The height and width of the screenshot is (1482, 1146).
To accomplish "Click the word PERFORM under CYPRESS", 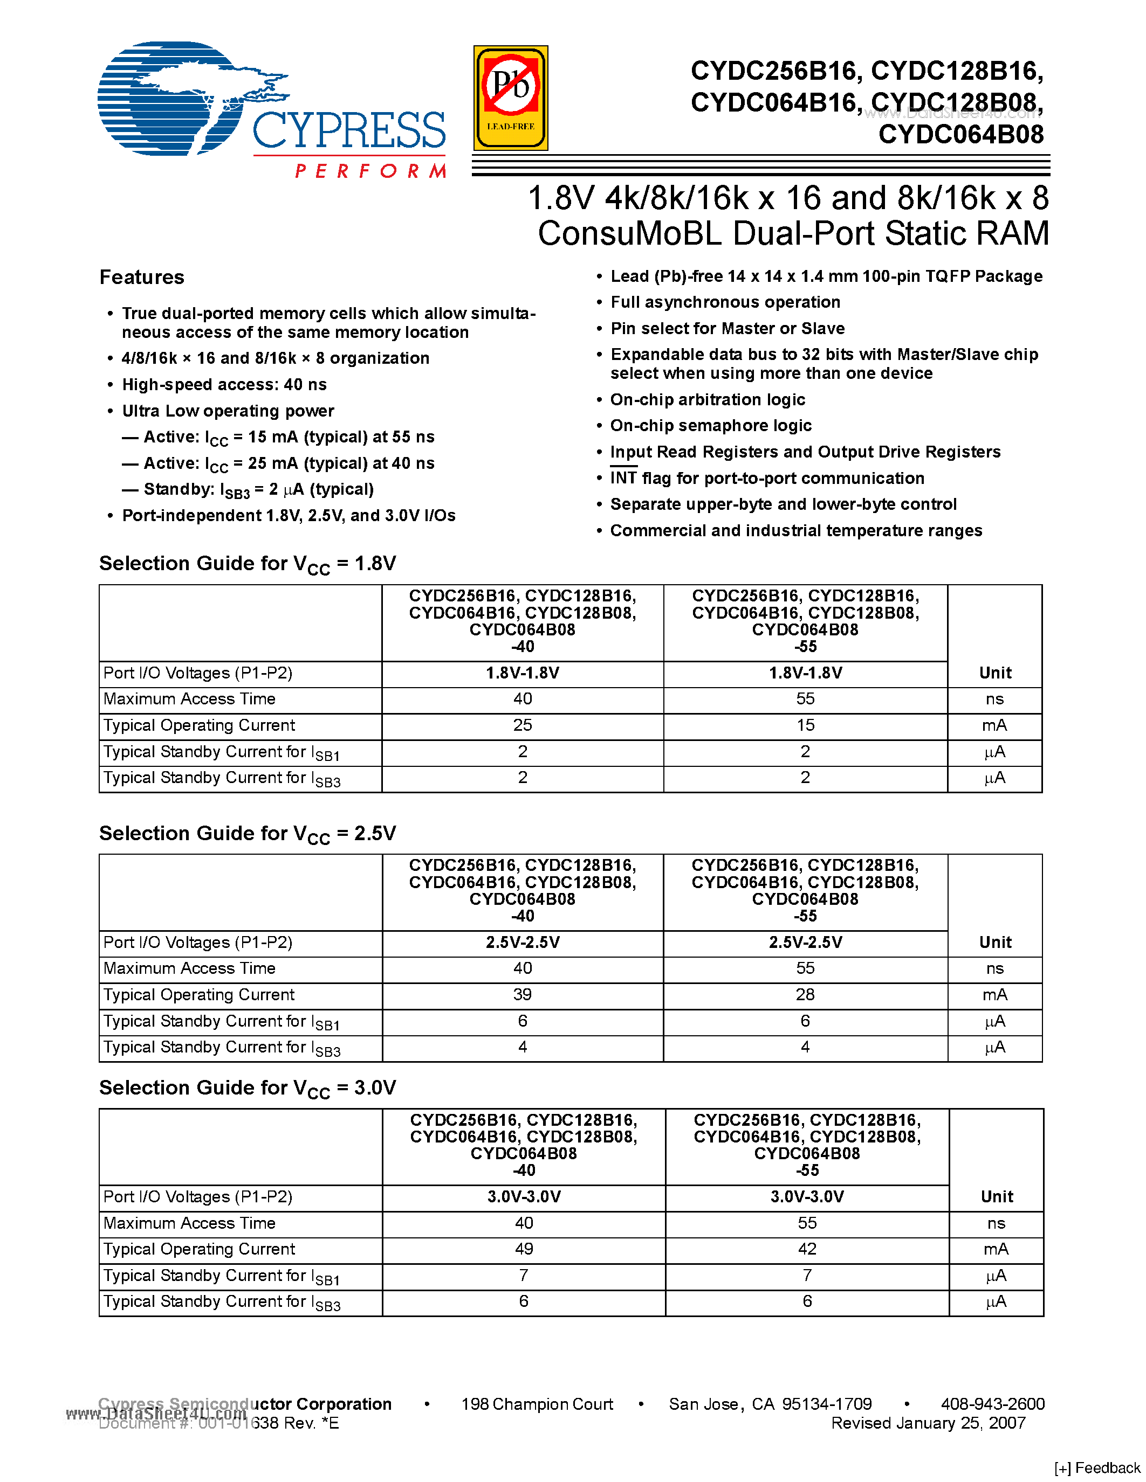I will point(370,170).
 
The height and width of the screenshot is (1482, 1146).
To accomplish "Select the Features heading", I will point(142,277).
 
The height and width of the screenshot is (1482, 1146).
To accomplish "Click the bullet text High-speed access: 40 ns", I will point(224,385).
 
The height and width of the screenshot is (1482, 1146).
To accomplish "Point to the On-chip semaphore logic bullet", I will point(710,425).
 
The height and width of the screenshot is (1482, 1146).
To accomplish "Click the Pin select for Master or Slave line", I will point(727,328).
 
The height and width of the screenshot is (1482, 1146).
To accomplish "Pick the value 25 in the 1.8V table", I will point(522,725).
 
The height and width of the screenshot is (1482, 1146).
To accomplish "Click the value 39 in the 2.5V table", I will point(522,995).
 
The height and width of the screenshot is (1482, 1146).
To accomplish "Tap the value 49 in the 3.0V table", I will point(524,1249).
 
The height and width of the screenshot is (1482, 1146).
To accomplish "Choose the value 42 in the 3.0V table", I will point(807,1249).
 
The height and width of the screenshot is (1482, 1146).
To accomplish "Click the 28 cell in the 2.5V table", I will point(805,995).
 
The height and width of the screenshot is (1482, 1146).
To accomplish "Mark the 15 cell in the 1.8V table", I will point(805,725).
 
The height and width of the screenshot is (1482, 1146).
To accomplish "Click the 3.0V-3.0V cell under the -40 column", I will point(524,1197).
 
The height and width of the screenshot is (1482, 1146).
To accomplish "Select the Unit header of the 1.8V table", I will point(994,673).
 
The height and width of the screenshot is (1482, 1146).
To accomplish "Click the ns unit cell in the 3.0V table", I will point(996,1223).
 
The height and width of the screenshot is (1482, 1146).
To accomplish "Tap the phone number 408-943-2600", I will point(992,1404).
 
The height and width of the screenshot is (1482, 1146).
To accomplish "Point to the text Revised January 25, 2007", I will point(928,1423).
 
